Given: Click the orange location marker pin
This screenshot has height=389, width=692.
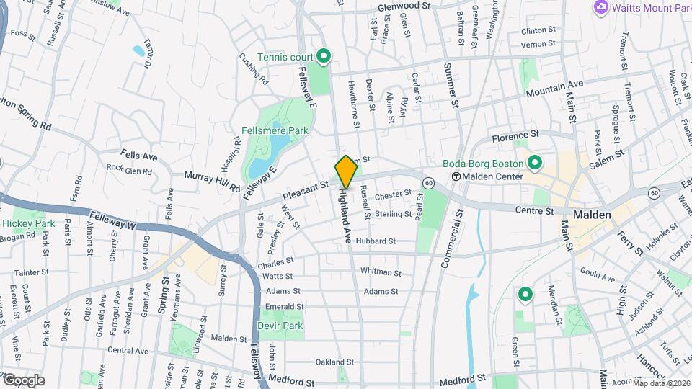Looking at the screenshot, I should coord(346,172).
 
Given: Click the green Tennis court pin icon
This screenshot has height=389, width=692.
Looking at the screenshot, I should coord(324,55).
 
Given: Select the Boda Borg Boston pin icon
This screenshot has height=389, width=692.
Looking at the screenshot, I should coord(534,162).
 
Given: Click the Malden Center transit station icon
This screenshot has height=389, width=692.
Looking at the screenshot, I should coord(456,176).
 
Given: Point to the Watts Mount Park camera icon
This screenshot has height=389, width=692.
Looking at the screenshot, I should coord(600,7).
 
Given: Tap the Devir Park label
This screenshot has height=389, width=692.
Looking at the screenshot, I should coord(280,326).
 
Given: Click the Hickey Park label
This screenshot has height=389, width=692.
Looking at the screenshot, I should coord(28,223).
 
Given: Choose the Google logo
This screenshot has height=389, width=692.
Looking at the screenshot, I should coord(23,380).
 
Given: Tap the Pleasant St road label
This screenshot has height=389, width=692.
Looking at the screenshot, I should coord(305,190).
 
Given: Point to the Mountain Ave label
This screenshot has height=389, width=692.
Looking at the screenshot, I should coord(554,89).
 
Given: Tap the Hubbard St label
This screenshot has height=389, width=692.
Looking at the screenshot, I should coord(376,241).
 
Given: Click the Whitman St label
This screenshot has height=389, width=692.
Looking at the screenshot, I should coord(380,272).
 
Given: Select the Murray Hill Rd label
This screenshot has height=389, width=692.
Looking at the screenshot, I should coord(212,181).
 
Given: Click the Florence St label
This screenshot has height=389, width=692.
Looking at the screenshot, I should coord(515,135).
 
